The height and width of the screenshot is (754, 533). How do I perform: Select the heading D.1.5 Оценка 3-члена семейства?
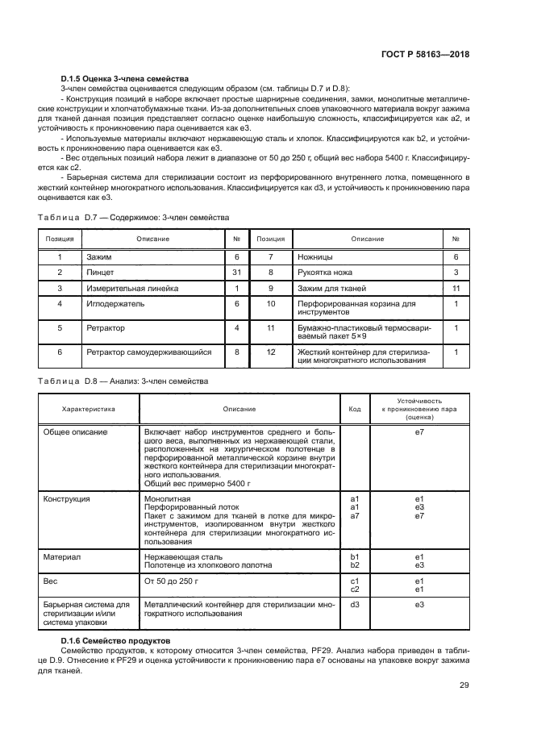coord(124,79)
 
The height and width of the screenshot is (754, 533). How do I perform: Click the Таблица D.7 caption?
coord(134,218)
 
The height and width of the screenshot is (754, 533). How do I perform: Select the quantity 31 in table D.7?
coord(237,273)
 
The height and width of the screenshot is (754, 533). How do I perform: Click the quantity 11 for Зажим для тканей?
coord(456,288)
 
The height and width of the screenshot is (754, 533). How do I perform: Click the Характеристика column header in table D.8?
coord(89,409)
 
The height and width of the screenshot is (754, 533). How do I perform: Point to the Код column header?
coord(355,409)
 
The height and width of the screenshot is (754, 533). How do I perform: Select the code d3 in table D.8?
coord(355,604)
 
